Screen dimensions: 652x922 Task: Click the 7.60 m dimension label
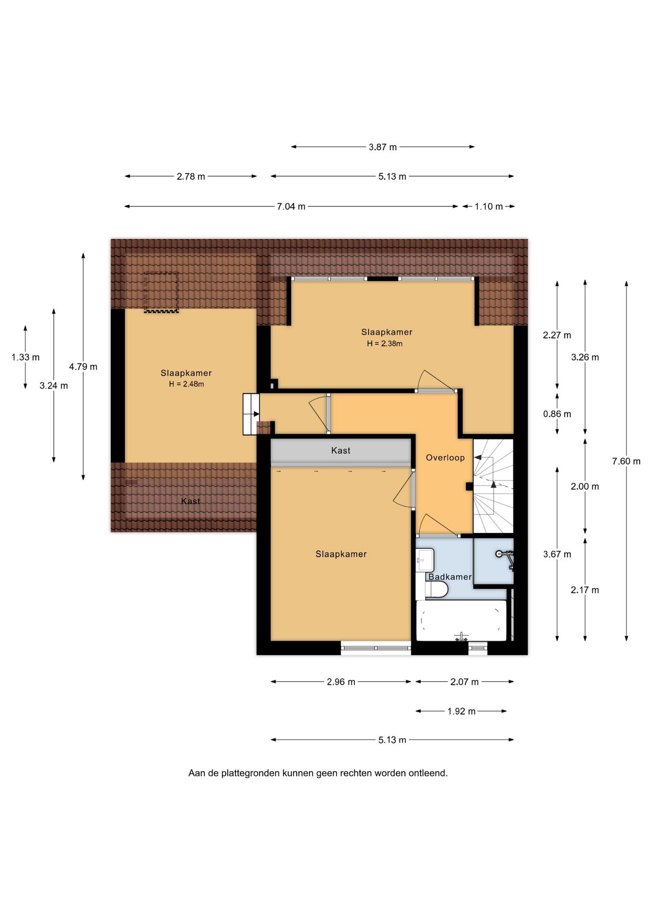point(626,461)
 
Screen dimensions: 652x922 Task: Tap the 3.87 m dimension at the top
point(383,147)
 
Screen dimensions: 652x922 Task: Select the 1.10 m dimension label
point(489,206)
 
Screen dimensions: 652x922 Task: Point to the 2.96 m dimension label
point(341,682)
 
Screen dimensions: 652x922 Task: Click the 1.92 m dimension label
point(461,711)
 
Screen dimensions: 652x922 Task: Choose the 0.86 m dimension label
point(557,414)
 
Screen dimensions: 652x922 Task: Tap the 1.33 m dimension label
point(25,357)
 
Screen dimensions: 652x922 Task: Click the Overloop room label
point(445,458)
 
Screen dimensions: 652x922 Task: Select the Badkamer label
point(450,577)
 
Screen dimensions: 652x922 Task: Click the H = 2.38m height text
point(385,343)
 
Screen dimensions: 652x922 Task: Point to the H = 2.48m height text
point(186,384)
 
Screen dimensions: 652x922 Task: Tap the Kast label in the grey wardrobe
point(341,450)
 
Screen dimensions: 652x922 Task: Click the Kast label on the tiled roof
point(191,501)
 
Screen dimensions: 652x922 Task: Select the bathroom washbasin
point(425,560)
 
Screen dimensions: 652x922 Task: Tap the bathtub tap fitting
point(461,637)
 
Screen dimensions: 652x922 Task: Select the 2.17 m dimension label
point(585,590)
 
